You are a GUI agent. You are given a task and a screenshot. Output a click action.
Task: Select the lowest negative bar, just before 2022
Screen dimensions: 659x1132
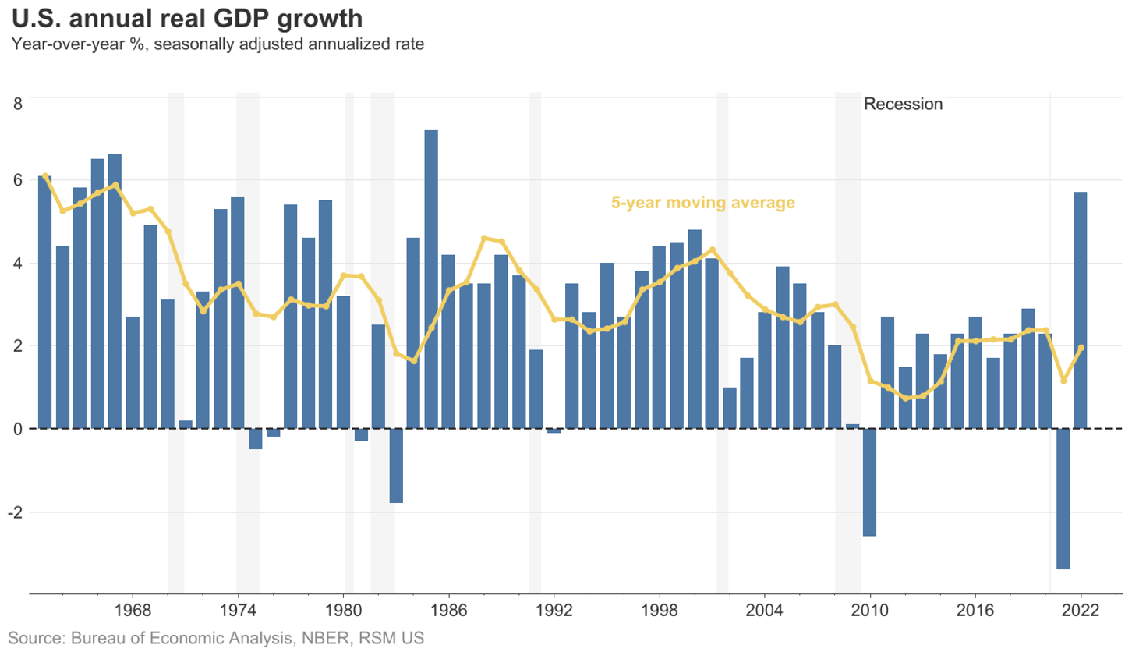pyautogui.click(x=1063, y=498)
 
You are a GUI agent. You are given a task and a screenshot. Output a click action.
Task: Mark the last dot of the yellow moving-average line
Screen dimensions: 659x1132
pyautogui.click(x=1081, y=348)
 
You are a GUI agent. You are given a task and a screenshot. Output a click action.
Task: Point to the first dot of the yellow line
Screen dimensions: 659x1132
pyautogui.click(x=44, y=176)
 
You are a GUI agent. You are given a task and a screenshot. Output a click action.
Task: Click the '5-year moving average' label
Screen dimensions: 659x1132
pyautogui.click(x=702, y=203)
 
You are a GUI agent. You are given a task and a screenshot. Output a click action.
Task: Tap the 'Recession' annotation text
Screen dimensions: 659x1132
pyautogui.click(x=903, y=105)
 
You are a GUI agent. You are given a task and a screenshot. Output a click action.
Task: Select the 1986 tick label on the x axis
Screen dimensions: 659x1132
pyautogui.click(x=448, y=610)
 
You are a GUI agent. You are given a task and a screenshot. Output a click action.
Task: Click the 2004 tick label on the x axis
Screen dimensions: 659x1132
pyautogui.click(x=764, y=610)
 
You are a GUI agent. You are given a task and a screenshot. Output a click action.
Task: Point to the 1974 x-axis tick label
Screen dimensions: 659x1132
pyautogui.click(x=238, y=610)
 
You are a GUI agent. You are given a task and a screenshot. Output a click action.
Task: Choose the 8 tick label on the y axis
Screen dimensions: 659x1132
pyautogui.click(x=17, y=103)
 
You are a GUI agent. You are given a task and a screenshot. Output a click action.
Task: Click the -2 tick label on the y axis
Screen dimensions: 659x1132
pyautogui.click(x=16, y=512)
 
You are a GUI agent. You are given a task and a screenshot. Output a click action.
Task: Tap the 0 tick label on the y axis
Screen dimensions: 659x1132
pyautogui.click(x=17, y=429)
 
